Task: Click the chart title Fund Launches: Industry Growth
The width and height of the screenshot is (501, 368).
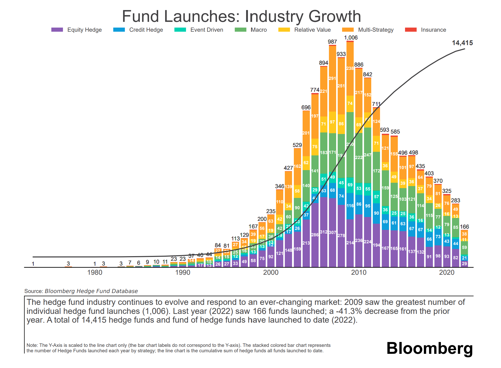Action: click(x=241, y=16)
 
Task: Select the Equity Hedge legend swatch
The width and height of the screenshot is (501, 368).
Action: click(x=57, y=30)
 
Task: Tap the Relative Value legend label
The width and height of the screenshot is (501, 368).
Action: click(x=312, y=30)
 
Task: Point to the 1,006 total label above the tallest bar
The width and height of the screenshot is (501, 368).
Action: click(x=351, y=38)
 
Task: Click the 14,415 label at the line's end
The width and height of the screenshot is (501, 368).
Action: click(x=462, y=43)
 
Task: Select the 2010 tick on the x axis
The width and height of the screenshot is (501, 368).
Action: click(x=359, y=272)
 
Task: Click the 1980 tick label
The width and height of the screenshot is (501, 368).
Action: click(x=95, y=272)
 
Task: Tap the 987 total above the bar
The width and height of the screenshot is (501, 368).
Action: click(x=332, y=42)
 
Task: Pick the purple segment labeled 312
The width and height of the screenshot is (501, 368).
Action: click(x=324, y=232)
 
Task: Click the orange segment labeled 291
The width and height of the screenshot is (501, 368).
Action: click(x=332, y=78)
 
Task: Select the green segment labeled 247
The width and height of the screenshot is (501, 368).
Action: click(x=367, y=155)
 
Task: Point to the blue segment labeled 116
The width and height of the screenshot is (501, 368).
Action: click(x=350, y=206)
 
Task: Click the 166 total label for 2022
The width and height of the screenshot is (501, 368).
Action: click(x=464, y=227)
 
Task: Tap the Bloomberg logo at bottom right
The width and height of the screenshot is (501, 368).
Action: click(x=430, y=348)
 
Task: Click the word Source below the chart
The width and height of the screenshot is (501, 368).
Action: click(x=34, y=291)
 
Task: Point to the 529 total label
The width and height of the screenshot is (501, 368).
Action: click(x=297, y=145)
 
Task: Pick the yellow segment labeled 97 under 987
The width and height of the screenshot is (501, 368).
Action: click(x=332, y=122)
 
